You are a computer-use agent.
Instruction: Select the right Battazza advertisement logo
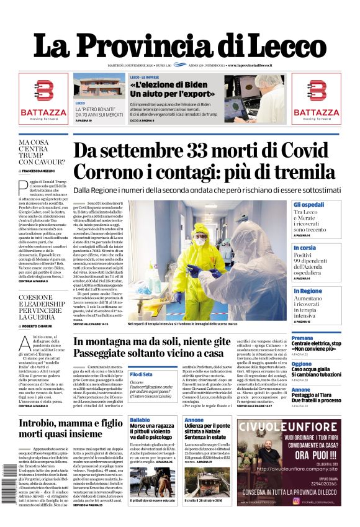click(316, 99)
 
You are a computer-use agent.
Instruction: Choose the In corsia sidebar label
click(305, 248)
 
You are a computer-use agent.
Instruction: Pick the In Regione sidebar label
click(308, 291)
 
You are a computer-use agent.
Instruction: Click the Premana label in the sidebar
click(302, 338)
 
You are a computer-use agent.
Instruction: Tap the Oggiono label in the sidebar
click(302, 364)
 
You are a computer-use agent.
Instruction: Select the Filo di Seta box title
click(141, 374)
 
